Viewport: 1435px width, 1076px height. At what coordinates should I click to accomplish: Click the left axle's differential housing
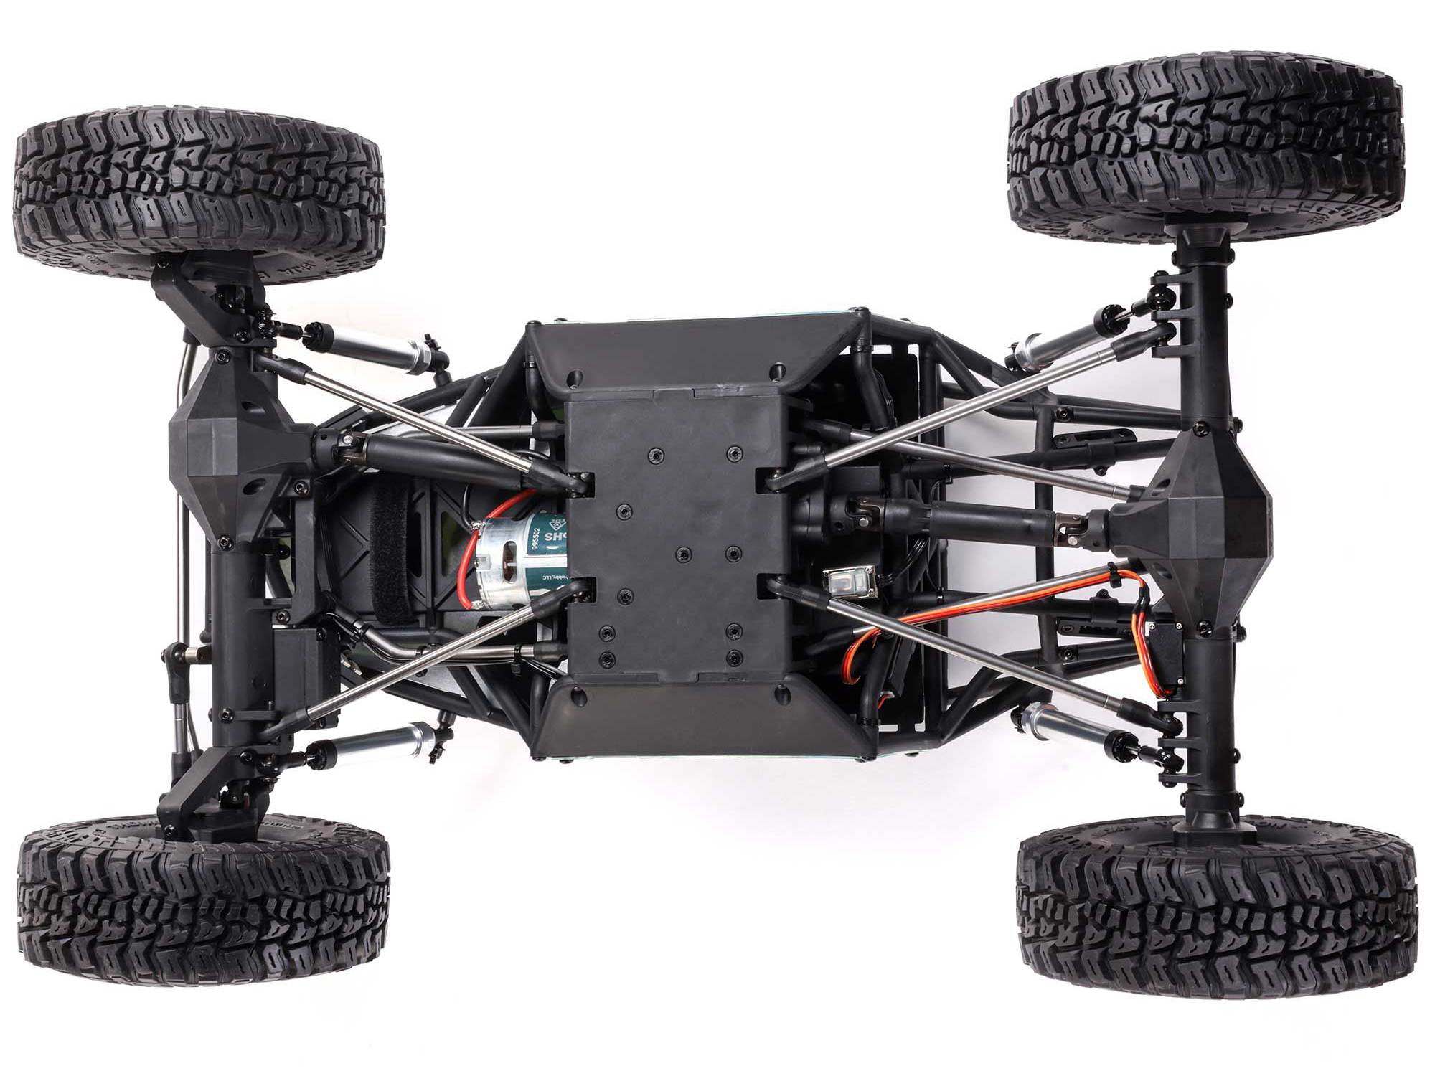[215, 459]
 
